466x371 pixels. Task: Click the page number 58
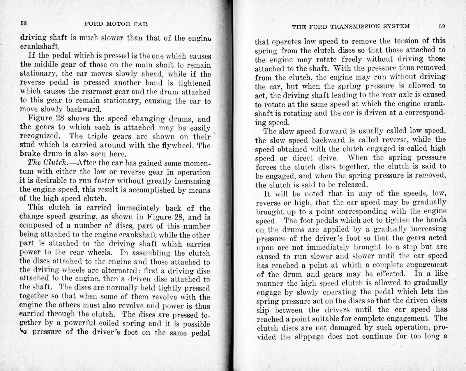[x=24, y=24]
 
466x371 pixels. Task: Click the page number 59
[x=442, y=26]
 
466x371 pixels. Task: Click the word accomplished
[x=150, y=190]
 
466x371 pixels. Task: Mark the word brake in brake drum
[x=29, y=154]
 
